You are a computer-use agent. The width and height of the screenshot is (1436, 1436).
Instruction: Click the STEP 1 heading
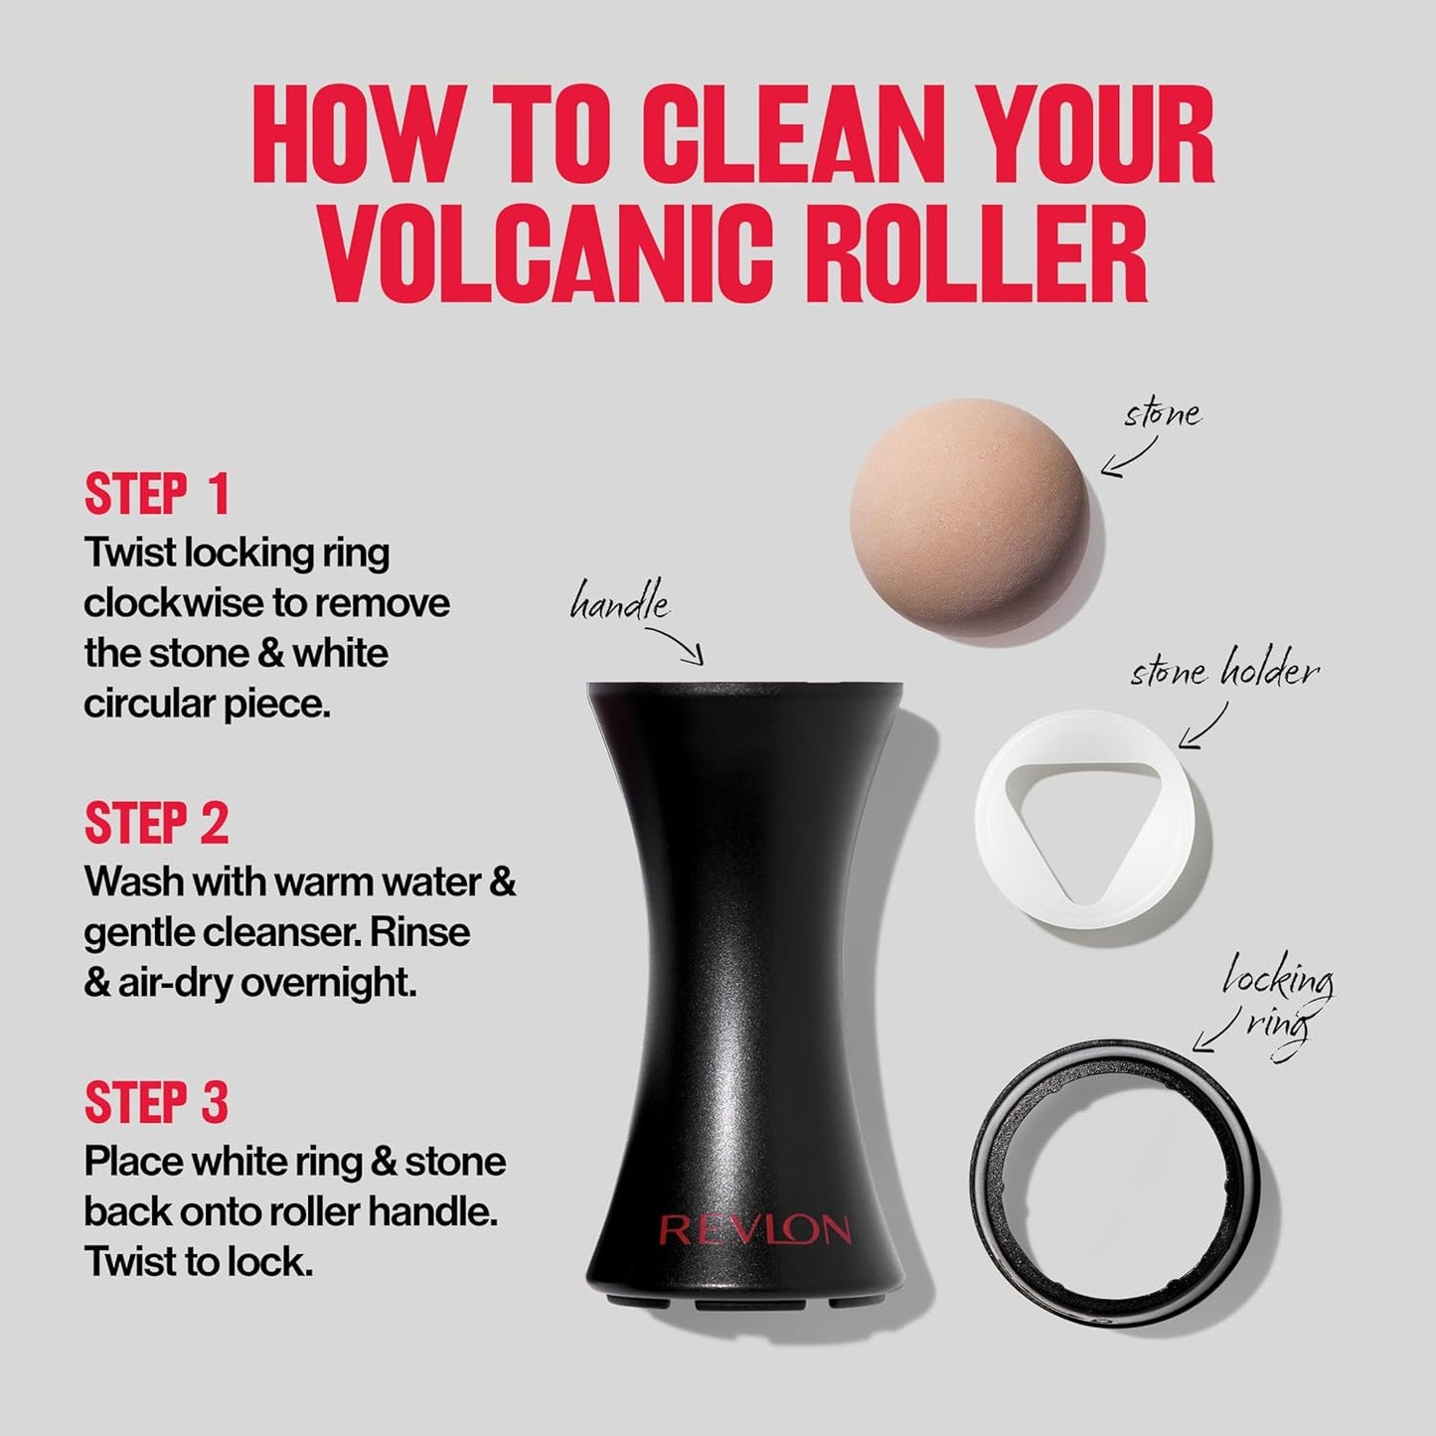[157, 494]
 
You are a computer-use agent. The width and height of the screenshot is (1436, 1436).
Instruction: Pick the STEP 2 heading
[157, 824]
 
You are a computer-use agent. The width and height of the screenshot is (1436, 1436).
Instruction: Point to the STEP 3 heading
[157, 1102]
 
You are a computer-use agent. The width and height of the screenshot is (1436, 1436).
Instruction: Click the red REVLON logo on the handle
[754, 1230]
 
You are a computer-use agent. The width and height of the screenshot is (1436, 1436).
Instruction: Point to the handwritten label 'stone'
[1162, 412]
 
